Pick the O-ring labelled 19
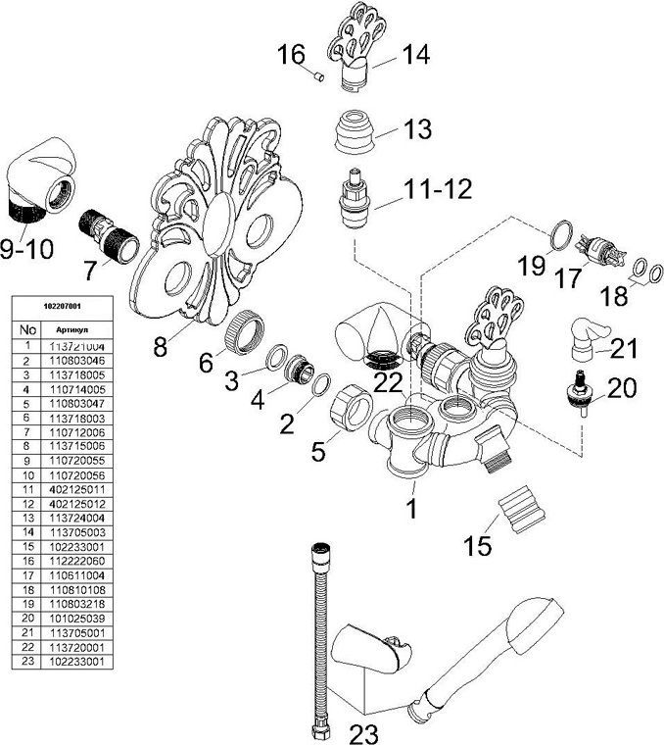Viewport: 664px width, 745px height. pyautogui.click(x=558, y=234)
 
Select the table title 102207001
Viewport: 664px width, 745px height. pyautogui.click(x=58, y=307)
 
